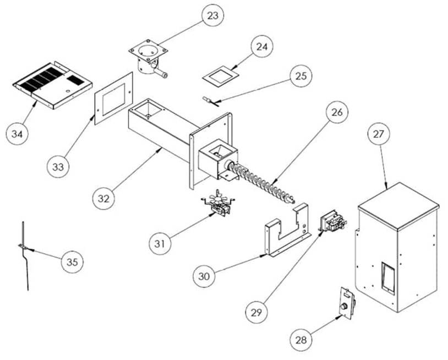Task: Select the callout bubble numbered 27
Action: [379, 134]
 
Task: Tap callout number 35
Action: [71, 261]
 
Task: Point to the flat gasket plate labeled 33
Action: [113, 97]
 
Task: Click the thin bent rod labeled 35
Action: [24, 253]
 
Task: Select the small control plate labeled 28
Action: [346, 303]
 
